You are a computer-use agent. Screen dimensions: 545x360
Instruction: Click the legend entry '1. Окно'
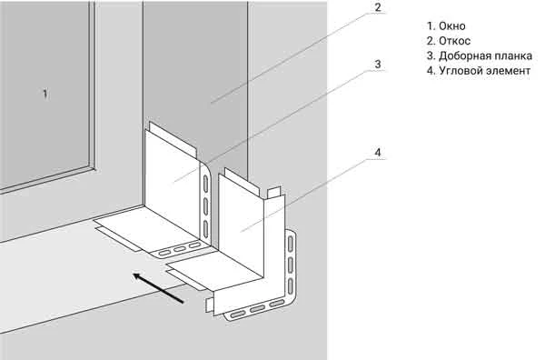click(x=446, y=26)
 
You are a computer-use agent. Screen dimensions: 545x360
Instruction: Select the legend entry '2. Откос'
click(x=449, y=41)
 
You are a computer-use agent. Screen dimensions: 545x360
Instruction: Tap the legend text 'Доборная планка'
click(x=486, y=56)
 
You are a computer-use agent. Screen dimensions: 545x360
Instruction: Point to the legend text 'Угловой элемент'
click(x=484, y=71)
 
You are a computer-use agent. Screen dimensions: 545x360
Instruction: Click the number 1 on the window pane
click(x=45, y=94)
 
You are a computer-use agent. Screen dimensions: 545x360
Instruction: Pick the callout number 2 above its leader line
click(x=378, y=7)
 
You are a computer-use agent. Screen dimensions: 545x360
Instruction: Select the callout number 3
click(x=378, y=64)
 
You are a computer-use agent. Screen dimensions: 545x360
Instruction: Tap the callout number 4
click(x=378, y=153)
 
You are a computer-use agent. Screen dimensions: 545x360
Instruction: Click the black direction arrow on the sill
click(x=158, y=288)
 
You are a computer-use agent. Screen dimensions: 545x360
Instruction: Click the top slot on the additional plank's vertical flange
click(x=205, y=184)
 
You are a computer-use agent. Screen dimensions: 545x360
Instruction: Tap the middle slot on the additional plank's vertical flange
click(x=205, y=206)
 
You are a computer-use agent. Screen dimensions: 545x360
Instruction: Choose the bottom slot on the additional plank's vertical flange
click(x=205, y=229)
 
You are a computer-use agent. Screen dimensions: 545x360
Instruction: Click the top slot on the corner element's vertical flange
click(x=291, y=244)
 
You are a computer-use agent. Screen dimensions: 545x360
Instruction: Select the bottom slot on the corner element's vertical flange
click(x=291, y=286)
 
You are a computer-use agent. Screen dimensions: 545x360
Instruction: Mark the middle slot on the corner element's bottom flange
click(x=257, y=309)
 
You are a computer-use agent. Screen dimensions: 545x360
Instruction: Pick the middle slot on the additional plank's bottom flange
click(x=180, y=249)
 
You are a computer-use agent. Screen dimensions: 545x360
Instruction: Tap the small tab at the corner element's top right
click(x=273, y=193)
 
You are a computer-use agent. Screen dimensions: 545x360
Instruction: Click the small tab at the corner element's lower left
click(x=209, y=305)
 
